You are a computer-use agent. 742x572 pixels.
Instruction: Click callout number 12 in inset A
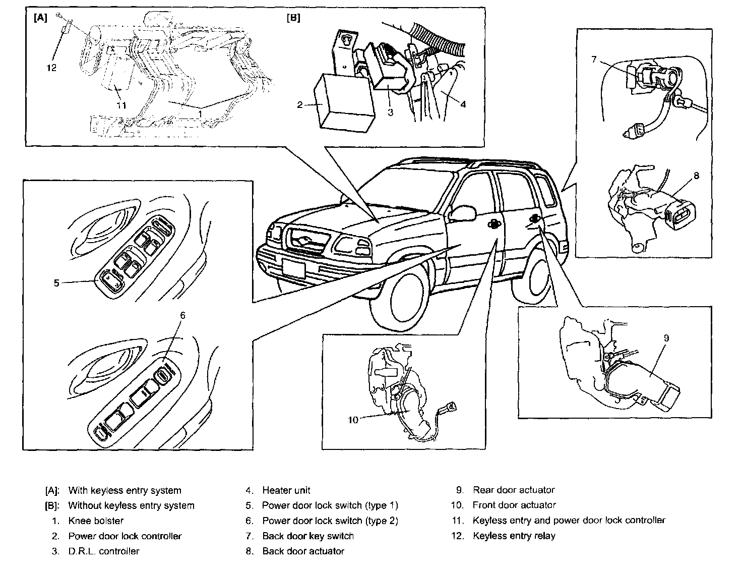(51, 68)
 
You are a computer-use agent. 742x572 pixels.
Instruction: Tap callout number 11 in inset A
(121, 105)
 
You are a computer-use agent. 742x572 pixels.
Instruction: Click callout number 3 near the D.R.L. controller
(390, 112)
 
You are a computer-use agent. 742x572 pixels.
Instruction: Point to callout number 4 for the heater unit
(463, 104)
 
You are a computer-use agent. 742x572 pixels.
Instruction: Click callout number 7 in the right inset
(594, 60)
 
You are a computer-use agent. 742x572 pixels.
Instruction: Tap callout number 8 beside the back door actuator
(696, 176)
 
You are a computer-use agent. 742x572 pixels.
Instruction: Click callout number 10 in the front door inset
(352, 420)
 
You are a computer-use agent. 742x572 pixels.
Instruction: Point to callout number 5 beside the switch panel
(56, 283)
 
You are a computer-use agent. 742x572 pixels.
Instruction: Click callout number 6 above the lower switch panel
(182, 315)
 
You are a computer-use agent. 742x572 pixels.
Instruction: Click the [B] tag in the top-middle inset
(293, 18)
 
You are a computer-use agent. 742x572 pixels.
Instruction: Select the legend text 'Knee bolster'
(96, 521)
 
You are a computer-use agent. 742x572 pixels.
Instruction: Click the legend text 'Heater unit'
(286, 490)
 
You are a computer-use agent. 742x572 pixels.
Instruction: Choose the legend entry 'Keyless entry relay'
(514, 536)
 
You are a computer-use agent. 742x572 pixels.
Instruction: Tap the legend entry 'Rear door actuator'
(514, 490)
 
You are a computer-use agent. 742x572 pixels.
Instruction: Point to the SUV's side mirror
(462, 213)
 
